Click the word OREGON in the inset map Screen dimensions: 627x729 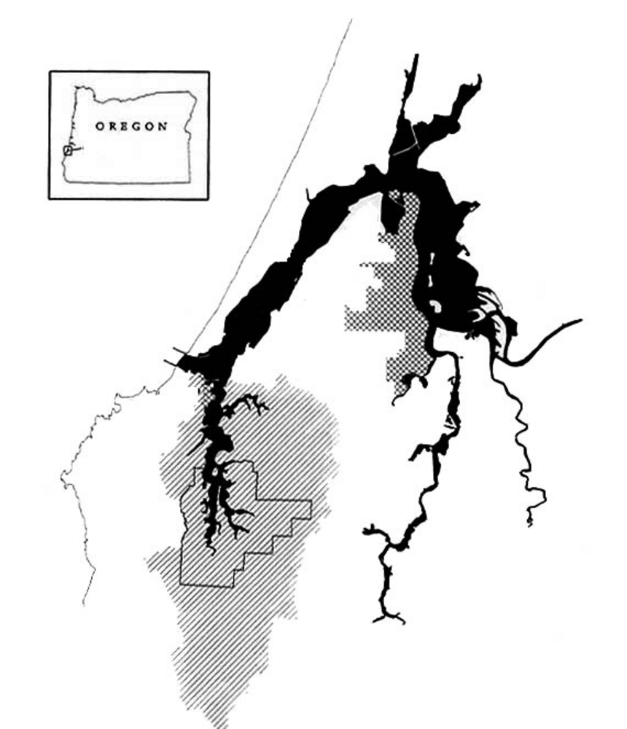pyautogui.click(x=131, y=126)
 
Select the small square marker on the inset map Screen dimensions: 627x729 pyautogui.click(x=68, y=150)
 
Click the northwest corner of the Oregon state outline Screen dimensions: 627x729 pyautogui.click(x=77, y=88)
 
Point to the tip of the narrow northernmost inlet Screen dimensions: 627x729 pyautogui.click(x=416, y=56)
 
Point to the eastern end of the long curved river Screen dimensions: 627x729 pyautogui.click(x=580, y=320)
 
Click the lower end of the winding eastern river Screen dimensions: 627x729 pyautogui.click(x=530, y=522)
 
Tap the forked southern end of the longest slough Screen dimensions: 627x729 pyautogui.click(x=389, y=619)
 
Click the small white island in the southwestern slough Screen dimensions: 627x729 pyautogui.click(x=217, y=474)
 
